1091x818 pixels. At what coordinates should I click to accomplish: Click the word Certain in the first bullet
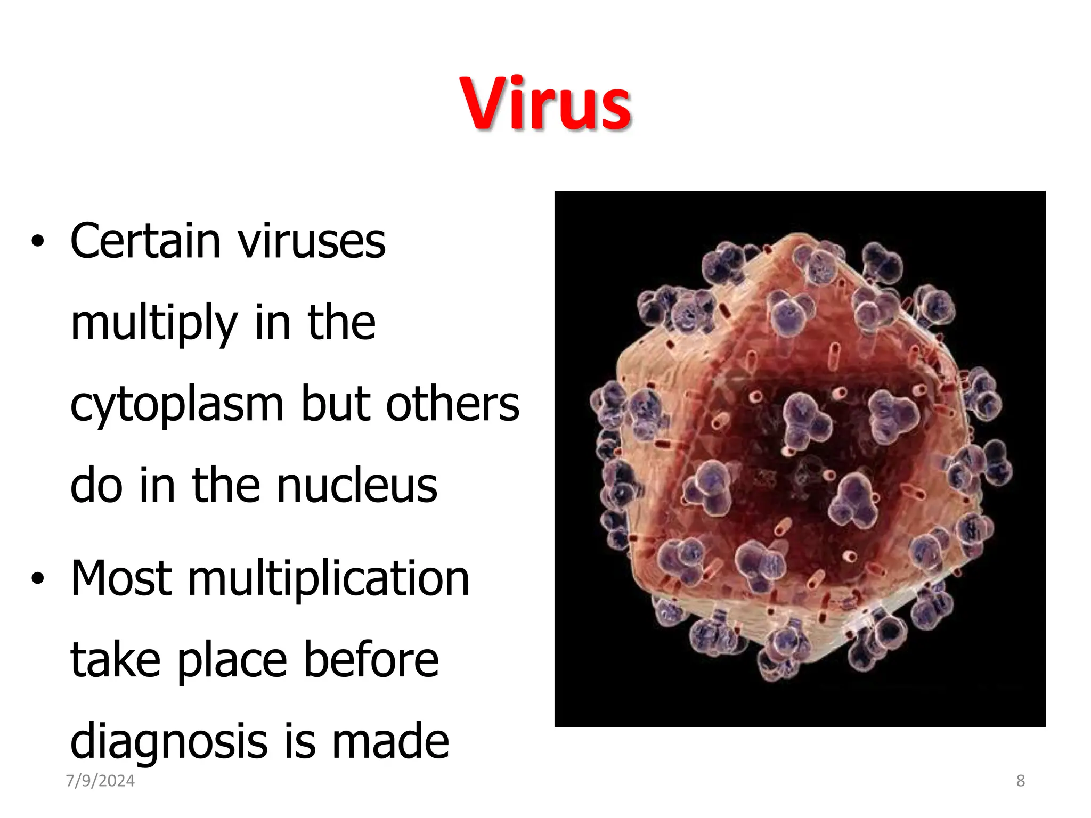pos(145,241)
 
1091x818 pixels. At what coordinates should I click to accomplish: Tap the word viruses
pos(311,242)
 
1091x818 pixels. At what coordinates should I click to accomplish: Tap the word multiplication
pos(329,578)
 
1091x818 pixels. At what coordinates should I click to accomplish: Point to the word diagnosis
pos(168,742)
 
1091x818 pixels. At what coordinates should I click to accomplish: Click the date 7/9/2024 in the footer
pos(100,781)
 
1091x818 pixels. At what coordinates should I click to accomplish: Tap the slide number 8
pos(1020,781)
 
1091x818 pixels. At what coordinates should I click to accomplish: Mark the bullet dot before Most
pos(37,579)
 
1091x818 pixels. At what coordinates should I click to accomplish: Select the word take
pos(115,660)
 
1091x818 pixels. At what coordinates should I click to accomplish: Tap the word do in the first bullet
pos(96,485)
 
